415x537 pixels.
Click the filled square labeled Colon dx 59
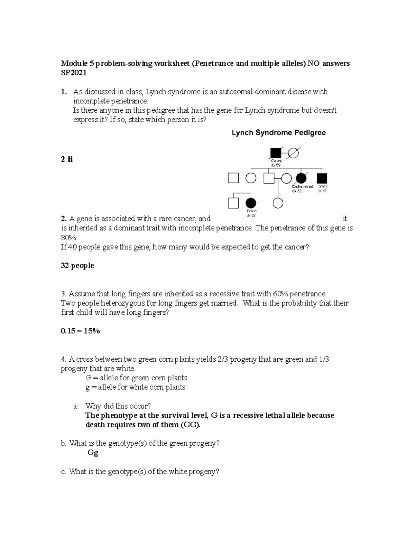(x=276, y=152)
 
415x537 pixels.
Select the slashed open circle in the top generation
(x=294, y=152)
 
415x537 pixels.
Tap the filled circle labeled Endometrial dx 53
(x=301, y=178)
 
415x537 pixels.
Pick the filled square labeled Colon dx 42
(x=322, y=178)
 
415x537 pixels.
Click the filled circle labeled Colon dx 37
(x=251, y=203)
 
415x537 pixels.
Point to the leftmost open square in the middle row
(x=233, y=178)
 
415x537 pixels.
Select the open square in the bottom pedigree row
(x=233, y=203)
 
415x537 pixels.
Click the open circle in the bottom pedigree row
(x=278, y=203)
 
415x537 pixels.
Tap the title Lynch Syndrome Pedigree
(x=278, y=133)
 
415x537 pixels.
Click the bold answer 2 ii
(x=67, y=159)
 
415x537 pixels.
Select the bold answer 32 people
(x=77, y=266)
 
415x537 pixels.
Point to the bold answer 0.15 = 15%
(x=80, y=331)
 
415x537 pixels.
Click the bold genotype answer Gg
(x=93, y=453)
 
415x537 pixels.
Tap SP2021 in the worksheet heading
(x=74, y=73)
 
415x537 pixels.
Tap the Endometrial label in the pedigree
(x=303, y=187)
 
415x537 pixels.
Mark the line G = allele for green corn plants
(x=136, y=378)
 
